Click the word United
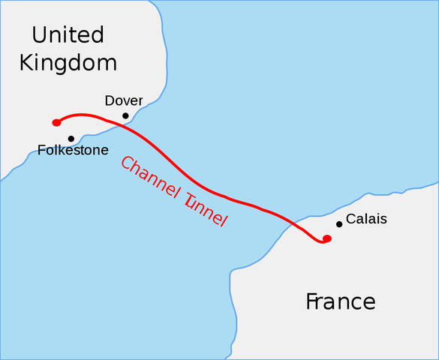point(68,34)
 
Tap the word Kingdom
point(68,62)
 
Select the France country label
point(340,301)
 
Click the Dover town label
point(124,100)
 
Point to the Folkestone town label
point(73,150)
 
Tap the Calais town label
point(366,221)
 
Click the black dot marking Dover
point(125,115)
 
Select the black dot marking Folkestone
point(71,139)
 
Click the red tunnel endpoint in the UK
point(56,122)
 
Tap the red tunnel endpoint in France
point(326,238)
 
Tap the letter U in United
point(40,34)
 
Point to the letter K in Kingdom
point(27,62)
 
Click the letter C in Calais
point(350,221)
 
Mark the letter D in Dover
point(110,100)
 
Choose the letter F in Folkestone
point(41,150)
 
